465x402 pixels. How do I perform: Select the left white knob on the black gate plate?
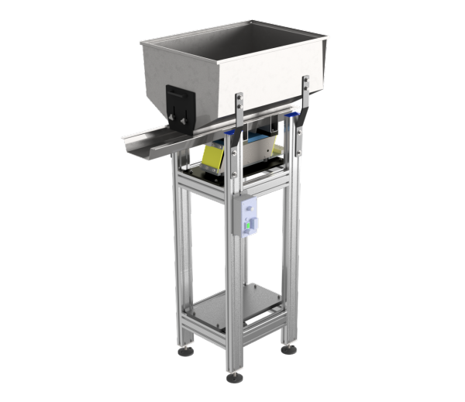[174, 121]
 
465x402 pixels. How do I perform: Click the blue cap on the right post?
[294, 116]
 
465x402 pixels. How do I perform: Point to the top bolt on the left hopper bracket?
[239, 98]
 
